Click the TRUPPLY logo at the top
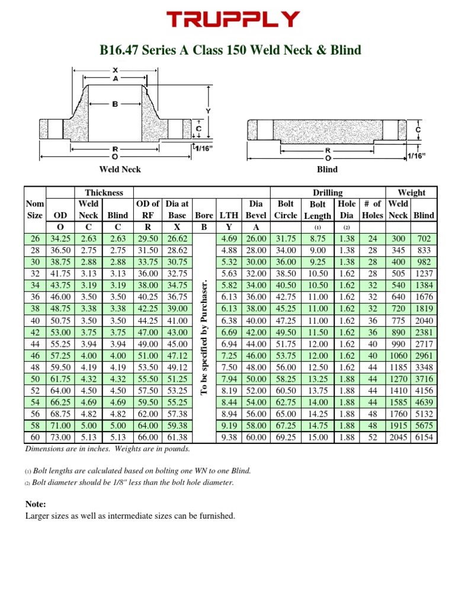(x=232, y=20)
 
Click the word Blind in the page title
(x=345, y=50)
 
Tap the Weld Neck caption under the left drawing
(x=120, y=170)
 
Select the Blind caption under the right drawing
(x=327, y=170)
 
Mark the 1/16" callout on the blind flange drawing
(x=416, y=155)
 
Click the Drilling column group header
(x=327, y=193)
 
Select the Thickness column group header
(x=104, y=193)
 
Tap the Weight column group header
(x=411, y=193)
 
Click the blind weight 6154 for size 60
(x=424, y=437)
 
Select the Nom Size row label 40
(x=35, y=321)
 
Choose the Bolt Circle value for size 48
(x=286, y=368)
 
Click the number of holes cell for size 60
(x=372, y=437)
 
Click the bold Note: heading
(x=36, y=504)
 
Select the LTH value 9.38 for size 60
(x=229, y=437)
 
